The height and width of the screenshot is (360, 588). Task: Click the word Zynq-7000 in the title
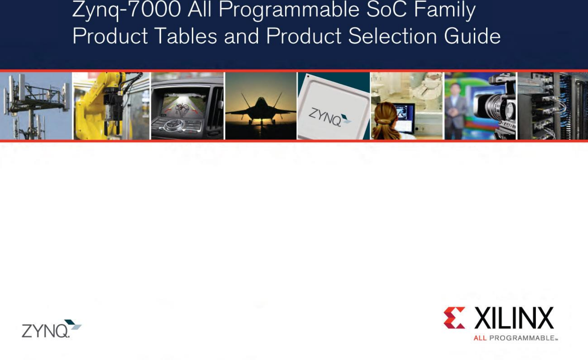coord(126,10)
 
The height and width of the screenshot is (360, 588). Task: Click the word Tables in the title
coord(186,36)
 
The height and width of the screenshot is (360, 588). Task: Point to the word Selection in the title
coord(392,36)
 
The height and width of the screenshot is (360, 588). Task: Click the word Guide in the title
coord(472,36)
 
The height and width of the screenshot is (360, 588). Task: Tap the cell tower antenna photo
coord(35,106)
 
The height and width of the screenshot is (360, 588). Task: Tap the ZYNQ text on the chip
coord(325,116)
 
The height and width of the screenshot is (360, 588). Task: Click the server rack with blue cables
coord(553,106)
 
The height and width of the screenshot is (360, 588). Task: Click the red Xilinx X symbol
coord(454,318)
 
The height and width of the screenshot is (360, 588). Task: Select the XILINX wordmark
coord(514,318)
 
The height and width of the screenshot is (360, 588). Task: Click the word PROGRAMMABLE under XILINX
coord(521,338)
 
